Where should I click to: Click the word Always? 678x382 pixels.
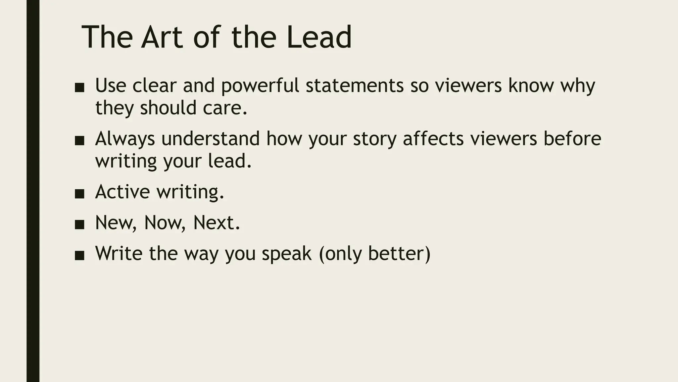click(x=125, y=139)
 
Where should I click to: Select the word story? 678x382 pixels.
click(x=374, y=139)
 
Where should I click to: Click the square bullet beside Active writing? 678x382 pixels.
click(x=79, y=194)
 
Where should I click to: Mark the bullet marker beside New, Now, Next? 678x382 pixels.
click(x=79, y=224)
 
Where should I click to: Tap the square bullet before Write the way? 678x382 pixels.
click(x=79, y=255)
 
